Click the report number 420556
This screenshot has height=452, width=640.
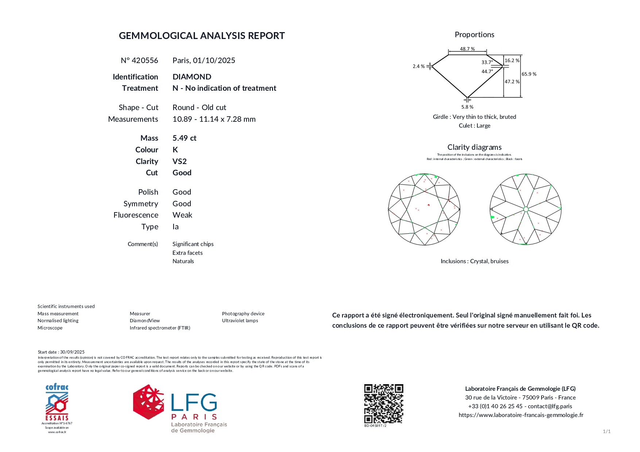145,61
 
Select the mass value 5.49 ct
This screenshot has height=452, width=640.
184,138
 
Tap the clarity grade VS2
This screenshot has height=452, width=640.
179,161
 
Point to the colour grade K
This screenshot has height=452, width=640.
175,150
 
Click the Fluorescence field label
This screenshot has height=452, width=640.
136,215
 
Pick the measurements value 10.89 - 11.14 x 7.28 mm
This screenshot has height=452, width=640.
214,119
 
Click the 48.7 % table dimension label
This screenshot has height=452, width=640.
467,49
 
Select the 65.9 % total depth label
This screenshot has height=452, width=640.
529,74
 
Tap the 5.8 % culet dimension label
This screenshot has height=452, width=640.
467,107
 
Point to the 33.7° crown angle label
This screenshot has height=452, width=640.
487,62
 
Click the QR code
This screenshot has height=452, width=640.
384,404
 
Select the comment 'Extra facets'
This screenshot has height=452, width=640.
187,253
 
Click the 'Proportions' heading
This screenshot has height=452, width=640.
474,35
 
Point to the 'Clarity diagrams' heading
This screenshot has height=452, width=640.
474,147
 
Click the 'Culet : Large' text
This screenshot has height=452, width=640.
474,126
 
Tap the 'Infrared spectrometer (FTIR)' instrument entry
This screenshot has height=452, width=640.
160,328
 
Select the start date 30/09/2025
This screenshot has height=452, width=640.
72,352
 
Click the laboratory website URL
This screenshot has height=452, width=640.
521,415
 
